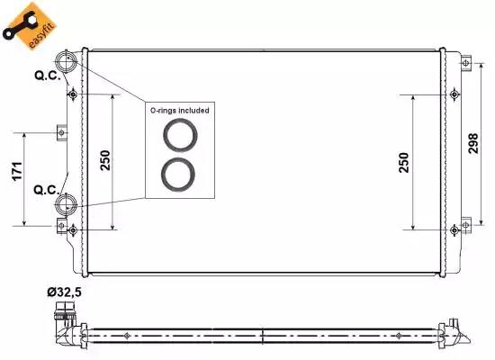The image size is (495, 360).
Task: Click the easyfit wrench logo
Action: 29,26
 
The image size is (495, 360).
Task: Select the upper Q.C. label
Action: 48,76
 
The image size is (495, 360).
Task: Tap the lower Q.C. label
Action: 47,190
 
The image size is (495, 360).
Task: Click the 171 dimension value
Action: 17,171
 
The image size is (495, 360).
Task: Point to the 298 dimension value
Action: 473,143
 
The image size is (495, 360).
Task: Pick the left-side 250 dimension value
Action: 105,160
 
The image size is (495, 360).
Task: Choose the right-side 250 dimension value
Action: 404,163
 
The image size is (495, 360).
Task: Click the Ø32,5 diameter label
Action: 65,292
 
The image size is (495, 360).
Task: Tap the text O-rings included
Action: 180,111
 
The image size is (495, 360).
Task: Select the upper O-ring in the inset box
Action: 180,121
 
